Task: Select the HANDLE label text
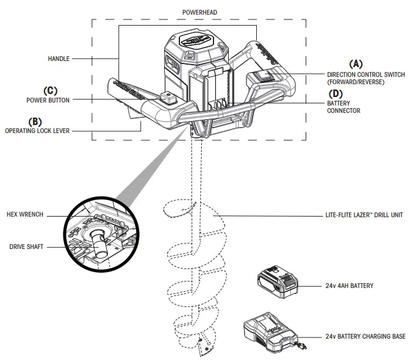tap(59, 59)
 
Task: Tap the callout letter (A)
tap(354, 63)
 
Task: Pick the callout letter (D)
tap(336, 94)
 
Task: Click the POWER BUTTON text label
tap(48, 99)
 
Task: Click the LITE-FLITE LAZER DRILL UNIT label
tap(364, 215)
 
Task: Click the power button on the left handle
tap(165, 96)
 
